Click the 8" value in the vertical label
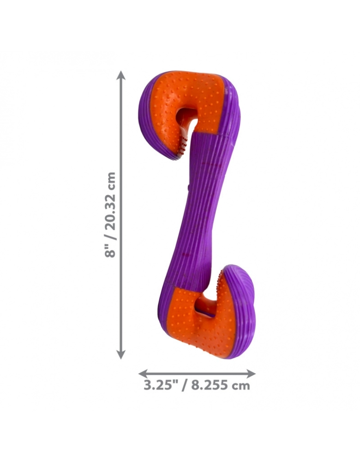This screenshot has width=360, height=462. click(110, 252)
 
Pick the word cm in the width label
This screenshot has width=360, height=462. click(241, 386)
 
